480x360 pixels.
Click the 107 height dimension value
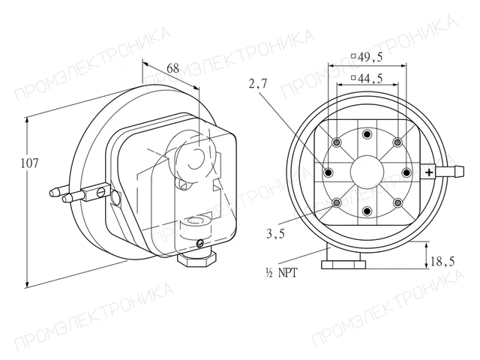[30, 163]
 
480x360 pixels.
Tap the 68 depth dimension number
[173, 68]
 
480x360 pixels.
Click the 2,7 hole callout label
[258, 83]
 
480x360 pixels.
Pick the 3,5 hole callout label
[275, 234]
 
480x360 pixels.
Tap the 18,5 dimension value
[442, 262]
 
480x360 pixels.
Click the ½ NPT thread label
[282, 272]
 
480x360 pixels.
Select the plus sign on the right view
[429, 172]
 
